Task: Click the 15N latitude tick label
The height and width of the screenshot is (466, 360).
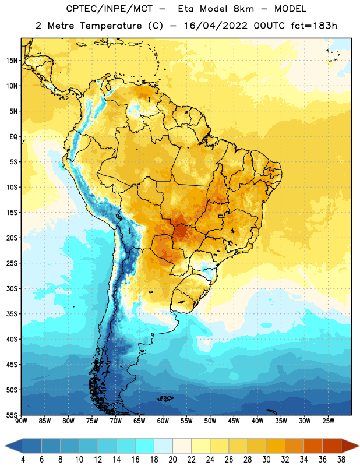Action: tap(12, 61)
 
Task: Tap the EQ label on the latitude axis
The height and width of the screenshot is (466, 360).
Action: tap(13, 137)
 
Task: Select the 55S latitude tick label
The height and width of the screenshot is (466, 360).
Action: tap(12, 415)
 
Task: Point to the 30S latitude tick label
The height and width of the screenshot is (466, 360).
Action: tap(12, 288)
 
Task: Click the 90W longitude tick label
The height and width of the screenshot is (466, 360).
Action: tap(22, 421)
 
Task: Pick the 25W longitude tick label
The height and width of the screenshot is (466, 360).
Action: tap(328, 421)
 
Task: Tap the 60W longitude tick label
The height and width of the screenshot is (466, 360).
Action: tap(163, 421)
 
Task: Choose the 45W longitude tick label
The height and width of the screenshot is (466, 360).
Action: tap(234, 421)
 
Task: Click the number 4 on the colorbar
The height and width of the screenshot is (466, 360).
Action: tap(23, 460)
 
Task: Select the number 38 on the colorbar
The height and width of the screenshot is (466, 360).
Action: tap(341, 460)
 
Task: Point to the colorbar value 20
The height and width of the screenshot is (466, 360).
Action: tap(172, 460)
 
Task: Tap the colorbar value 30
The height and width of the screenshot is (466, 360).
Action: tap(266, 460)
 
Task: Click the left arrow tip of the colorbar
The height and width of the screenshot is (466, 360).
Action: tap(5, 446)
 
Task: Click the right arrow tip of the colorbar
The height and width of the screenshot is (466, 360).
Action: tap(359, 446)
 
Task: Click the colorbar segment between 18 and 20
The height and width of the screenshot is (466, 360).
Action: tap(163, 446)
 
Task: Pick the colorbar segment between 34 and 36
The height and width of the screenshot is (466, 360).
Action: tap(313, 446)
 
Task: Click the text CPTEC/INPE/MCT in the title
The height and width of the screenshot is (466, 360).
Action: tap(110, 9)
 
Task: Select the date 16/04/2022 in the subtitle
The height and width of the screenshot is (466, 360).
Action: tap(215, 26)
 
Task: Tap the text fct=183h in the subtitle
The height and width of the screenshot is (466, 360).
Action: tap(314, 26)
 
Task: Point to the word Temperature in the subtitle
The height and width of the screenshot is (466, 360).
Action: tap(111, 26)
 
